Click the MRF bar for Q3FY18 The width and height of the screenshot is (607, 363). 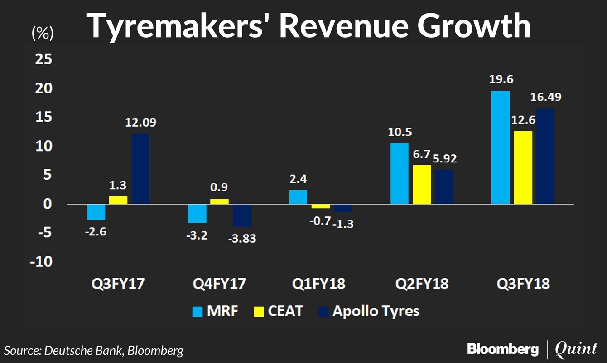[500, 147]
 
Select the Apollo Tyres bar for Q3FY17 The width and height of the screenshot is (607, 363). [140, 169]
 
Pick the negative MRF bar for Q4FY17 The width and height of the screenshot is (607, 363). [197, 213]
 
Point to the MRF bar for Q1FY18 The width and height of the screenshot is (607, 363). [298, 197]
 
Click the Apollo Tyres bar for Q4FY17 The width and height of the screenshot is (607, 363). [241, 215]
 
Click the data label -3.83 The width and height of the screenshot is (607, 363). [241, 238]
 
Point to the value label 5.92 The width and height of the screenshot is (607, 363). [444, 159]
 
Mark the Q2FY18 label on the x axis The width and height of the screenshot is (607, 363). [422, 285]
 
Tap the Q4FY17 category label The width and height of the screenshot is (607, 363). [219, 285]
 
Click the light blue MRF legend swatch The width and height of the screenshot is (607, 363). [198, 312]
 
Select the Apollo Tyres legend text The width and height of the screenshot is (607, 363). [376, 312]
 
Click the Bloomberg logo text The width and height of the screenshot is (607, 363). [503, 349]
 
